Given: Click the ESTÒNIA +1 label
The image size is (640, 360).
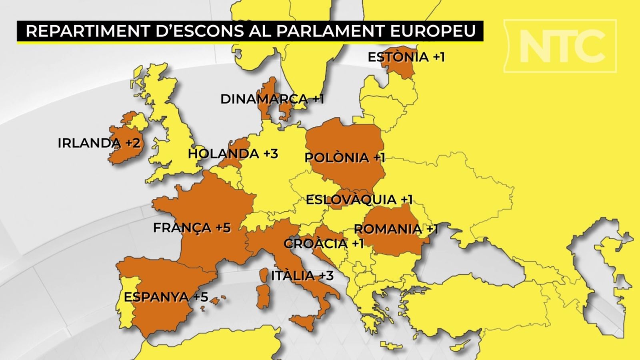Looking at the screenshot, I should tap(406, 57).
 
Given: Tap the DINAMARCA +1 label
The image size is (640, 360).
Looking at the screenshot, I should tap(272, 99).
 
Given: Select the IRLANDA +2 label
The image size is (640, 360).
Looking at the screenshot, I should tap(99, 143).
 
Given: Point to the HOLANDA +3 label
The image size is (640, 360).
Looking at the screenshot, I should tap(233, 154).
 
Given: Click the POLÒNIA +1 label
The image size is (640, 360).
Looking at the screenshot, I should tap(344, 157).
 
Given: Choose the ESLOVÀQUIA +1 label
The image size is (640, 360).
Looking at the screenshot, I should tap(359, 199).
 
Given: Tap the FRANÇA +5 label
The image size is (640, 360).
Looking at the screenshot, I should tap(192, 228).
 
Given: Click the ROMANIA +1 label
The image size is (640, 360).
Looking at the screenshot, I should tap(396, 229).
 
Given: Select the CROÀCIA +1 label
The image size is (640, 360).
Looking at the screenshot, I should tap(323, 243).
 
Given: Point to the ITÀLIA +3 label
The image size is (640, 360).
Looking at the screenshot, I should tap(302, 276).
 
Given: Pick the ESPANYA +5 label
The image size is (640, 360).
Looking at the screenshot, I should tap(166, 297).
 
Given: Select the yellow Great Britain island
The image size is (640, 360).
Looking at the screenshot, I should tap(172, 132).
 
